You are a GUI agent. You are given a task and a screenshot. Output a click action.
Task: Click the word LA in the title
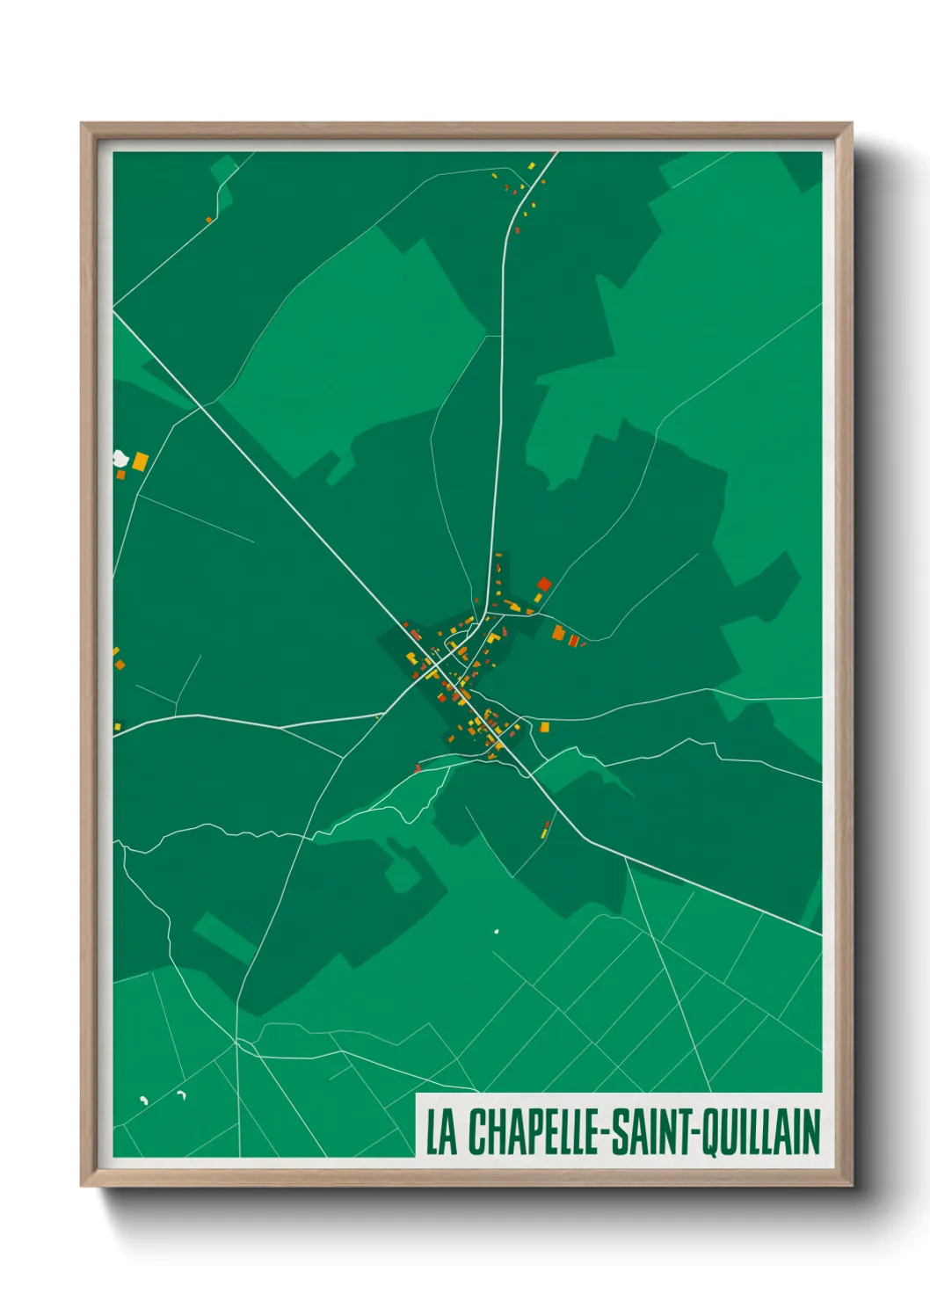[442, 1132]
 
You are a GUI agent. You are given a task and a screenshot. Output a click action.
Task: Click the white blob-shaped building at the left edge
[121, 458]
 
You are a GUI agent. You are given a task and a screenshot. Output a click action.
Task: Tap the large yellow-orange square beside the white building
[141, 461]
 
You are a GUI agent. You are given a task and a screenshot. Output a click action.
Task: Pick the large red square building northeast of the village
[543, 584]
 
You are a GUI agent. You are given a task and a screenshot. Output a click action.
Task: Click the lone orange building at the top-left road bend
[209, 220]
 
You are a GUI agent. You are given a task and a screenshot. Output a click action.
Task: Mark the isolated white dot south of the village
[497, 931]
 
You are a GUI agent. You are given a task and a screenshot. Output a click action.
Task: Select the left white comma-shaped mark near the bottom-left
[144, 1100]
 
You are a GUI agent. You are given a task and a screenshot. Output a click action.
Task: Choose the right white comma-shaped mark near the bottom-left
[182, 1094]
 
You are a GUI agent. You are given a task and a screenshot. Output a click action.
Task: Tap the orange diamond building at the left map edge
[119, 665]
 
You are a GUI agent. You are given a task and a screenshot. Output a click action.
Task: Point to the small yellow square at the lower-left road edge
[117, 727]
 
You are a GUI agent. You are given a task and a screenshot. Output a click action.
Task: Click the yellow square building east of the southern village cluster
[544, 727]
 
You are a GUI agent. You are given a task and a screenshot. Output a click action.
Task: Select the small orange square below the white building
[121, 475]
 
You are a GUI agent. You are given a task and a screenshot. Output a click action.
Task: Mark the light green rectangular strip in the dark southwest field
[224, 937]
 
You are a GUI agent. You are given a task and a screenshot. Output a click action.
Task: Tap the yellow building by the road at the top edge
[531, 165]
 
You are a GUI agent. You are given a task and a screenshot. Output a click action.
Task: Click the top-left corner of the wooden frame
[82, 124]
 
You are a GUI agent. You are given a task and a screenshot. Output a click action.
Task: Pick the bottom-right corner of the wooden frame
[851, 1185]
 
